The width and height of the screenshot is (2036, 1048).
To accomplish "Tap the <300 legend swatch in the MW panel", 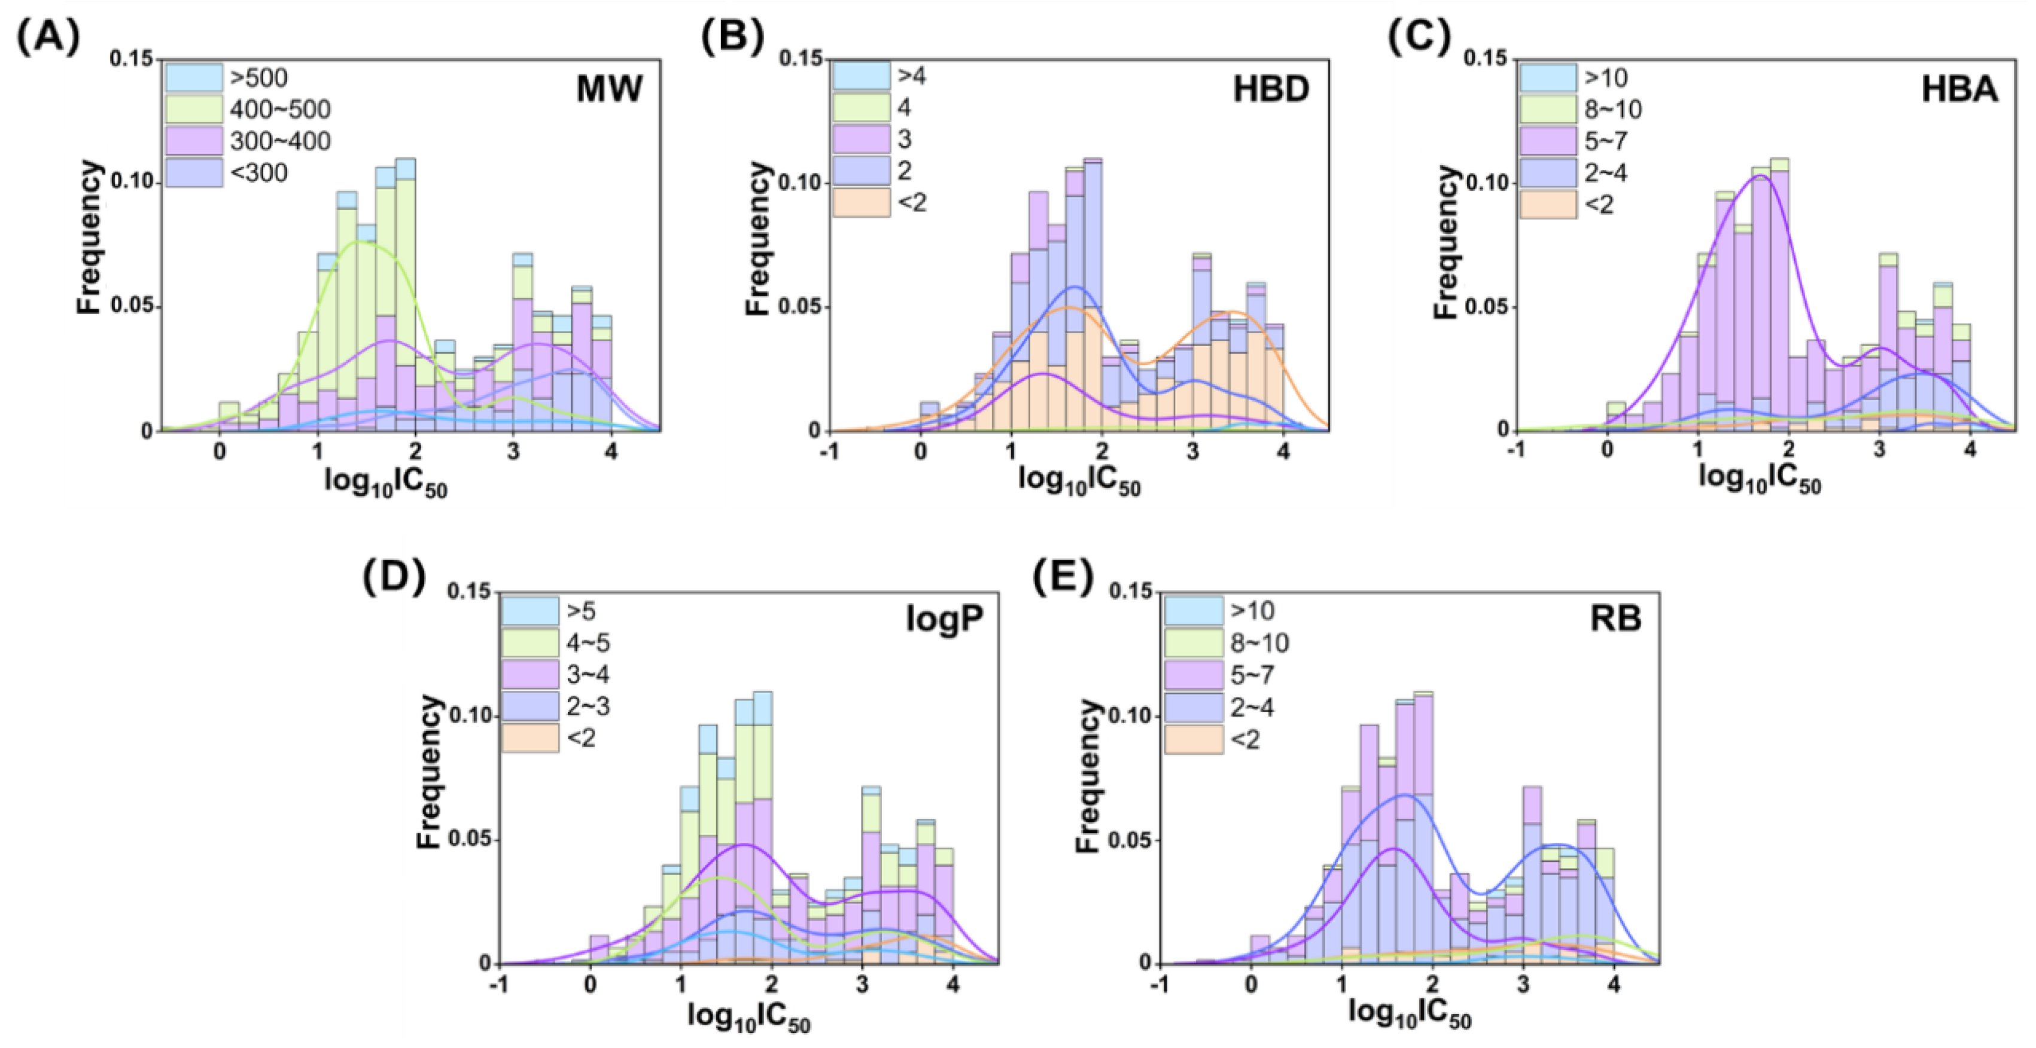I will [x=194, y=172].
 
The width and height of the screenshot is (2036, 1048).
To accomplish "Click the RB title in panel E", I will [x=1615, y=619].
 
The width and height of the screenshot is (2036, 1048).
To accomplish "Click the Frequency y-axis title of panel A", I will [x=89, y=237].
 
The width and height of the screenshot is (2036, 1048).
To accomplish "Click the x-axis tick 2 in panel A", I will [x=416, y=452].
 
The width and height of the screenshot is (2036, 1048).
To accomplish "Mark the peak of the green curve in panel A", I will [x=357, y=242].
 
